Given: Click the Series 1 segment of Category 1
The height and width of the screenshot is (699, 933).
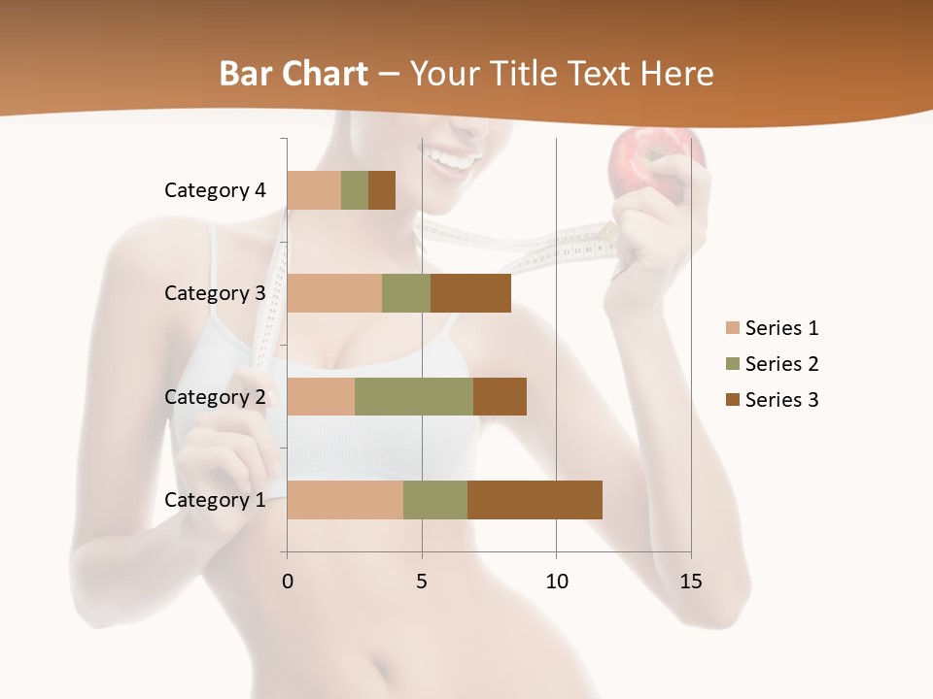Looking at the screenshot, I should (345, 499).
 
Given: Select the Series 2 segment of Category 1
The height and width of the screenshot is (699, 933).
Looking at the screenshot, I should (435, 499).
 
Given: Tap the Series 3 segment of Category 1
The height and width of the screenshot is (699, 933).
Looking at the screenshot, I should (535, 499).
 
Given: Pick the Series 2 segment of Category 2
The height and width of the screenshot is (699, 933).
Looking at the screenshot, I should (414, 396).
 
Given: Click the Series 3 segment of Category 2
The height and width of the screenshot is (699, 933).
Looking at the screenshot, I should (500, 396).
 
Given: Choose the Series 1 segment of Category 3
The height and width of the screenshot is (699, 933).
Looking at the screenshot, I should (334, 293).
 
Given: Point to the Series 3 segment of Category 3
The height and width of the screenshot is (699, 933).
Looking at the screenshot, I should (470, 293).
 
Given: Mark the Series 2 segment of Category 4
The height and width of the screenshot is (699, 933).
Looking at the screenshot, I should (355, 190).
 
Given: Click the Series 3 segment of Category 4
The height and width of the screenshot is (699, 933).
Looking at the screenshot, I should (382, 190).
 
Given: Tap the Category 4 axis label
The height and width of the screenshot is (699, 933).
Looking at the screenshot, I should (215, 190).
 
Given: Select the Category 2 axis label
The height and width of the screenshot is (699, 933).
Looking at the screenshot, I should (215, 396).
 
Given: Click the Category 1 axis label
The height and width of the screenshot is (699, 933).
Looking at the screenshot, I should (215, 500).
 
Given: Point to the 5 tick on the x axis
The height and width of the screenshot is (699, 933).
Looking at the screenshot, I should (422, 582).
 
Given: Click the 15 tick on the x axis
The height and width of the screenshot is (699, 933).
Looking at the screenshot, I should (690, 582).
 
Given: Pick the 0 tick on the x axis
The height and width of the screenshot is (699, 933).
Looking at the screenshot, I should (288, 582).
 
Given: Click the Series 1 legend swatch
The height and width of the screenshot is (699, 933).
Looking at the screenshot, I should (732, 328).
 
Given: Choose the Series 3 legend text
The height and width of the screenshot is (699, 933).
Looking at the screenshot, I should (781, 400).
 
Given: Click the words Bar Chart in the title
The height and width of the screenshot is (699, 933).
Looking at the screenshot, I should (294, 74).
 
